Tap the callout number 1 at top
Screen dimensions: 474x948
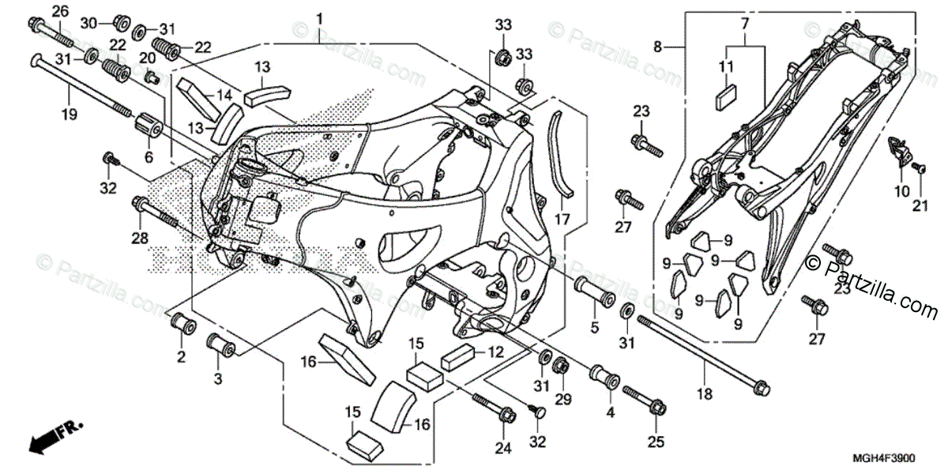[x=320, y=17]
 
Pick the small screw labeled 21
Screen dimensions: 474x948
[x=919, y=167]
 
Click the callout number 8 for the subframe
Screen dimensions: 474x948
[x=657, y=47]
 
